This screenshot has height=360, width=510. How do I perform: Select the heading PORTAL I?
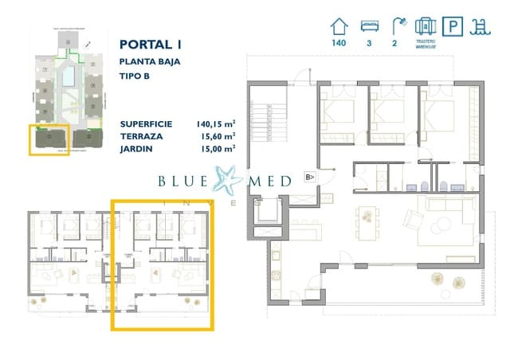click(x=150, y=45)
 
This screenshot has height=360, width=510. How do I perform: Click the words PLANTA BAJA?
click(x=148, y=61)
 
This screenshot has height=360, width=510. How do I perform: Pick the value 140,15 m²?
click(x=215, y=124)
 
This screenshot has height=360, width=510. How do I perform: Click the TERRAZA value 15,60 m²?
click(x=215, y=136)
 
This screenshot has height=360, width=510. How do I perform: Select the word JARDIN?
click(x=137, y=148)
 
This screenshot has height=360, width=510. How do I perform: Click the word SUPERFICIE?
click(x=147, y=124)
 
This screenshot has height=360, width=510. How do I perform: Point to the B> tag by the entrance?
click(x=311, y=177)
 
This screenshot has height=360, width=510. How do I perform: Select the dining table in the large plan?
click(x=367, y=215)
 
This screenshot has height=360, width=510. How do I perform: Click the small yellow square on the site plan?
click(x=48, y=139)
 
